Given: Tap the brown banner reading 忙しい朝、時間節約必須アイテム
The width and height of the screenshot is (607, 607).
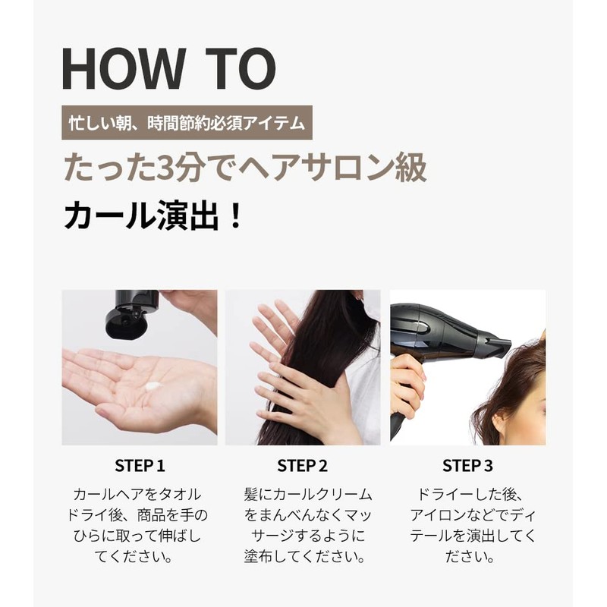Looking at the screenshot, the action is [187, 122].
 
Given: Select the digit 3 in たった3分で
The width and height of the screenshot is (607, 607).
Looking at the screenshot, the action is [165, 167].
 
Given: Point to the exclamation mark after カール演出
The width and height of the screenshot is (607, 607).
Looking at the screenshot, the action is [234, 215].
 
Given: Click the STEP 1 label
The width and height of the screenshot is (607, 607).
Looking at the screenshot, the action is [140, 466].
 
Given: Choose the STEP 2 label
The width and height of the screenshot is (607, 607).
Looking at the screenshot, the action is [302, 466].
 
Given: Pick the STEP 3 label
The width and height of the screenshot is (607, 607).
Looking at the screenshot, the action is [467, 466].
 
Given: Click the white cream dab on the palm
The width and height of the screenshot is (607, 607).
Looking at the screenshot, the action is [153, 385].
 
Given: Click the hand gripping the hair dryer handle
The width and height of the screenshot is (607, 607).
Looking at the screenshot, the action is [407, 388].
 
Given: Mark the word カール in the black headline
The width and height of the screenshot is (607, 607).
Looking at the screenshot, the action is [110, 215].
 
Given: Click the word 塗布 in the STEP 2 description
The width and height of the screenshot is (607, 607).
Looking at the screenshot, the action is [258, 557].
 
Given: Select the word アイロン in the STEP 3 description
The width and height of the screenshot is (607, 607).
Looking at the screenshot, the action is [438, 515].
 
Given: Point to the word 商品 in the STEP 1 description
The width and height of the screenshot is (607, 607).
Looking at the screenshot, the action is [151, 515].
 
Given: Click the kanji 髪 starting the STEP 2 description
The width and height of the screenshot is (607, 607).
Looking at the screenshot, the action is [251, 495].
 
